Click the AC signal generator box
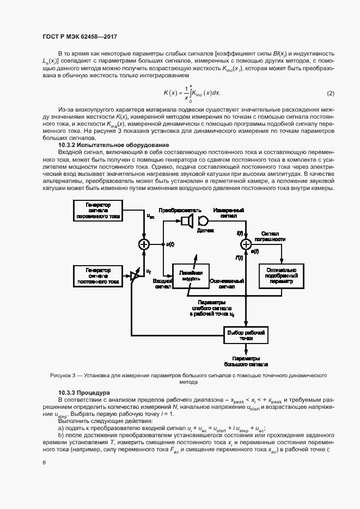(99, 211)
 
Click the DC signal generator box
(99, 276)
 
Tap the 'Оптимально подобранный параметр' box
(281, 276)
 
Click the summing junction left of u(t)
(144, 244)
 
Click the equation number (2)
(330, 93)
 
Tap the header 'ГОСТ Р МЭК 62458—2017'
(80, 36)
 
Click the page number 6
(44, 463)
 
